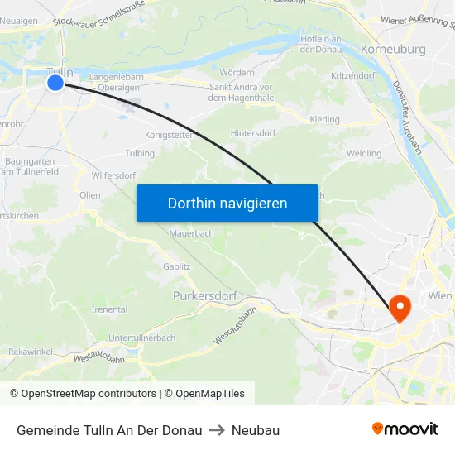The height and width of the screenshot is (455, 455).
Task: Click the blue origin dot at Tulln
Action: point(55,83)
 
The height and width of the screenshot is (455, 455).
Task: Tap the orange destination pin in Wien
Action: point(400,308)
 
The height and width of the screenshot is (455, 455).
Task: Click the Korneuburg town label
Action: point(393,50)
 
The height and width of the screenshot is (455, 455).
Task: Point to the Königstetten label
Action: point(170,134)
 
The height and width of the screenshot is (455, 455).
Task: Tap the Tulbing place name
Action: point(139,153)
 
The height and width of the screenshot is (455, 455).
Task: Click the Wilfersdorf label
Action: point(114,175)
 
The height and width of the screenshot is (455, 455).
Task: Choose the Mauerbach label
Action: point(191,234)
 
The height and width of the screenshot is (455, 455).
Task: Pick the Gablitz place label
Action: point(177,266)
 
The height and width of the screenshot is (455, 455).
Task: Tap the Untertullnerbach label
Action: point(141,338)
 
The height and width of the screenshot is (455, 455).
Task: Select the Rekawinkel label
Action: point(31,352)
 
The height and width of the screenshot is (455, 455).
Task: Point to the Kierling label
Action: point(324,120)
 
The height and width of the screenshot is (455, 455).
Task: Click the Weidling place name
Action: point(364,154)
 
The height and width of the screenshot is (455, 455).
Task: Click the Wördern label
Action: point(237,73)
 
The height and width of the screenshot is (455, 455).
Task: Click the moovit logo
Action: point(405,429)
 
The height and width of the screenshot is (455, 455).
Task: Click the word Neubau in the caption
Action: point(256,430)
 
